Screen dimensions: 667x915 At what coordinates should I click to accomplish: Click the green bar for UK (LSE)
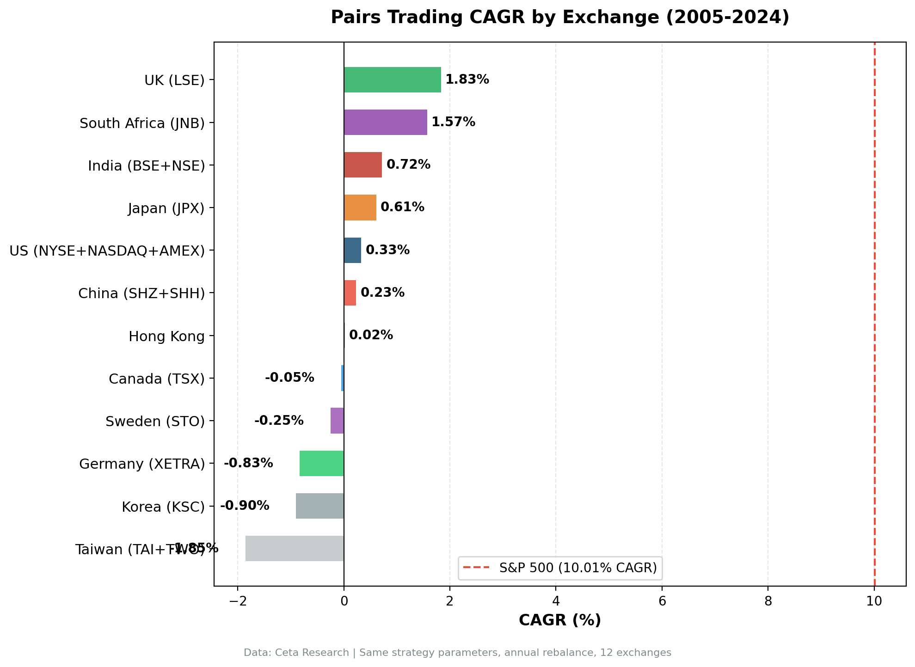[x=392, y=80]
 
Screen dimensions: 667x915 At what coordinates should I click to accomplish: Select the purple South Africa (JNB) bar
[x=385, y=122]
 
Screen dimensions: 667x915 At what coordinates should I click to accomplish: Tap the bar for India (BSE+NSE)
[x=362, y=165]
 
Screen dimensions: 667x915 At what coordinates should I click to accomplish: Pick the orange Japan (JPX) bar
[x=360, y=208]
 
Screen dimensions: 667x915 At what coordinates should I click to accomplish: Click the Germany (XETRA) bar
[x=321, y=463]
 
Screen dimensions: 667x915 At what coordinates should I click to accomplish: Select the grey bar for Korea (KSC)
[x=319, y=506]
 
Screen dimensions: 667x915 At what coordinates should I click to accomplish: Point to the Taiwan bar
[x=295, y=548]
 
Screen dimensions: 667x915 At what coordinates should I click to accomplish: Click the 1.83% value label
[x=467, y=80]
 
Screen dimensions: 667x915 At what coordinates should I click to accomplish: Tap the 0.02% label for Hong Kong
[x=371, y=335]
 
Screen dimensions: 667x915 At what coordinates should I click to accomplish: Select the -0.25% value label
[x=279, y=421]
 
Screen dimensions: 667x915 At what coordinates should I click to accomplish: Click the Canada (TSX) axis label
[x=156, y=379]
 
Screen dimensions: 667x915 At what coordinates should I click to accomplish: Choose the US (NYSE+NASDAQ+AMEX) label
[x=107, y=251]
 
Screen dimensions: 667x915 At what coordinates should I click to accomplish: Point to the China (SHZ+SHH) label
[x=141, y=294]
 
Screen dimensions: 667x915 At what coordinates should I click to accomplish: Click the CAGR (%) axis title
[x=559, y=620]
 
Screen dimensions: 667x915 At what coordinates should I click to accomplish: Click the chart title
[x=559, y=18]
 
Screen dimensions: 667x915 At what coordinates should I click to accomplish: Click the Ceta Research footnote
[x=457, y=653]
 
